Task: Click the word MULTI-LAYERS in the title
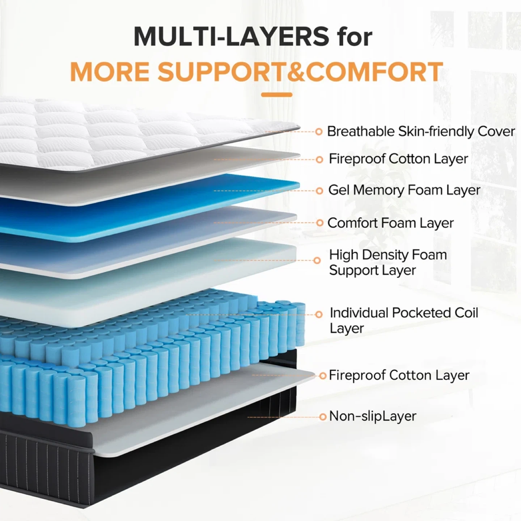(x=231, y=36)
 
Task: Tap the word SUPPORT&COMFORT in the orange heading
(x=300, y=72)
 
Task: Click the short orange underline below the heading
(x=276, y=95)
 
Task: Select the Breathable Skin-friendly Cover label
(x=420, y=131)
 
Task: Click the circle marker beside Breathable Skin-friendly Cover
(x=319, y=132)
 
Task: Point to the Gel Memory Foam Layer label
(x=404, y=190)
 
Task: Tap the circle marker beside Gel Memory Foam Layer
(x=319, y=191)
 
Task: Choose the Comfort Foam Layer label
(x=390, y=223)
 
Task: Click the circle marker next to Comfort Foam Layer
(x=319, y=223)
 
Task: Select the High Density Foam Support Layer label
(x=388, y=262)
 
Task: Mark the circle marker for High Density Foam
(x=317, y=260)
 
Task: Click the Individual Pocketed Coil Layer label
(x=403, y=320)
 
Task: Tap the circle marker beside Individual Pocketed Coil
(x=319, y=314)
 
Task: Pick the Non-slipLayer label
(x=373, y=416)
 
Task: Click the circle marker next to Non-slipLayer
(x=323, y=417)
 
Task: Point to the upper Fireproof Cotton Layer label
(x=398, y=159)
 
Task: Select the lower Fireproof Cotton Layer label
(x=399, y=375)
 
